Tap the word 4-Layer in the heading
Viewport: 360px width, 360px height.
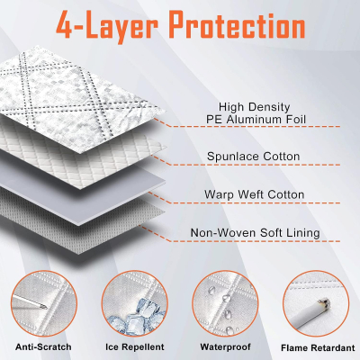coord(99,25)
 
